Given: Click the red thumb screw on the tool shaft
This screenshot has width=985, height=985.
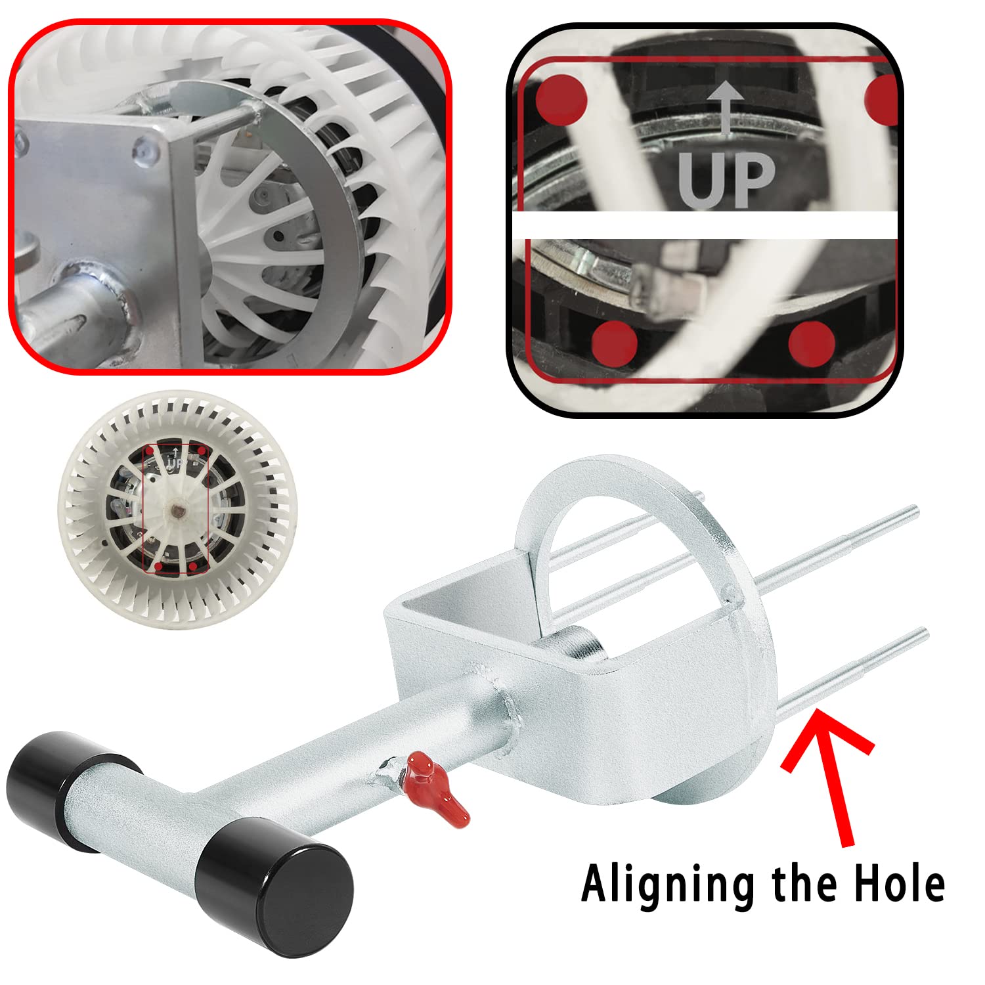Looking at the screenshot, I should [433, 785].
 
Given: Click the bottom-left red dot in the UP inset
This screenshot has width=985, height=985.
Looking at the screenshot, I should [615, 343].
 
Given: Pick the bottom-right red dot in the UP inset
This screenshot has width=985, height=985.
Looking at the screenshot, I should [811, 343].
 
